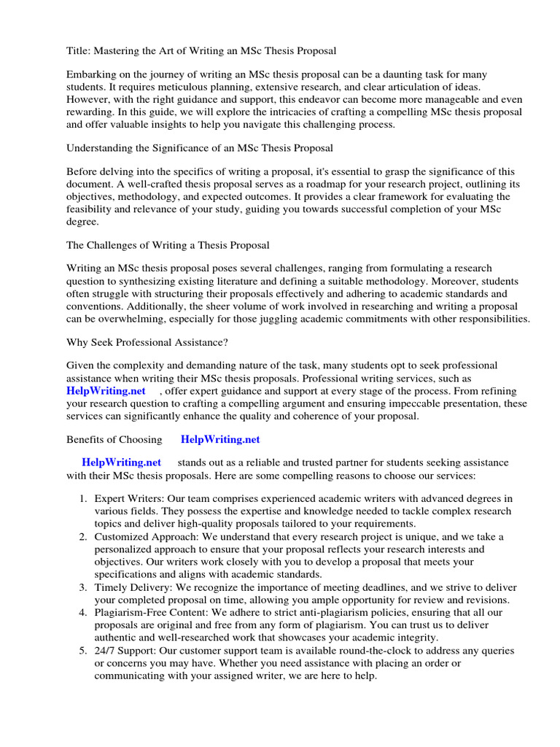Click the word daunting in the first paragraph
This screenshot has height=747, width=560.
(x=391, y=76)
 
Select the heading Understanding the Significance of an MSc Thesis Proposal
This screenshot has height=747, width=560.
(x=200, y=148)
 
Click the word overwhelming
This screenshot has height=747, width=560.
(x=116, y=320)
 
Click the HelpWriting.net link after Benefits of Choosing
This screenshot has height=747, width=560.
(x=220, y=440)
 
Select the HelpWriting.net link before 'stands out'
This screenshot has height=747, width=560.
(x=121, y=462)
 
